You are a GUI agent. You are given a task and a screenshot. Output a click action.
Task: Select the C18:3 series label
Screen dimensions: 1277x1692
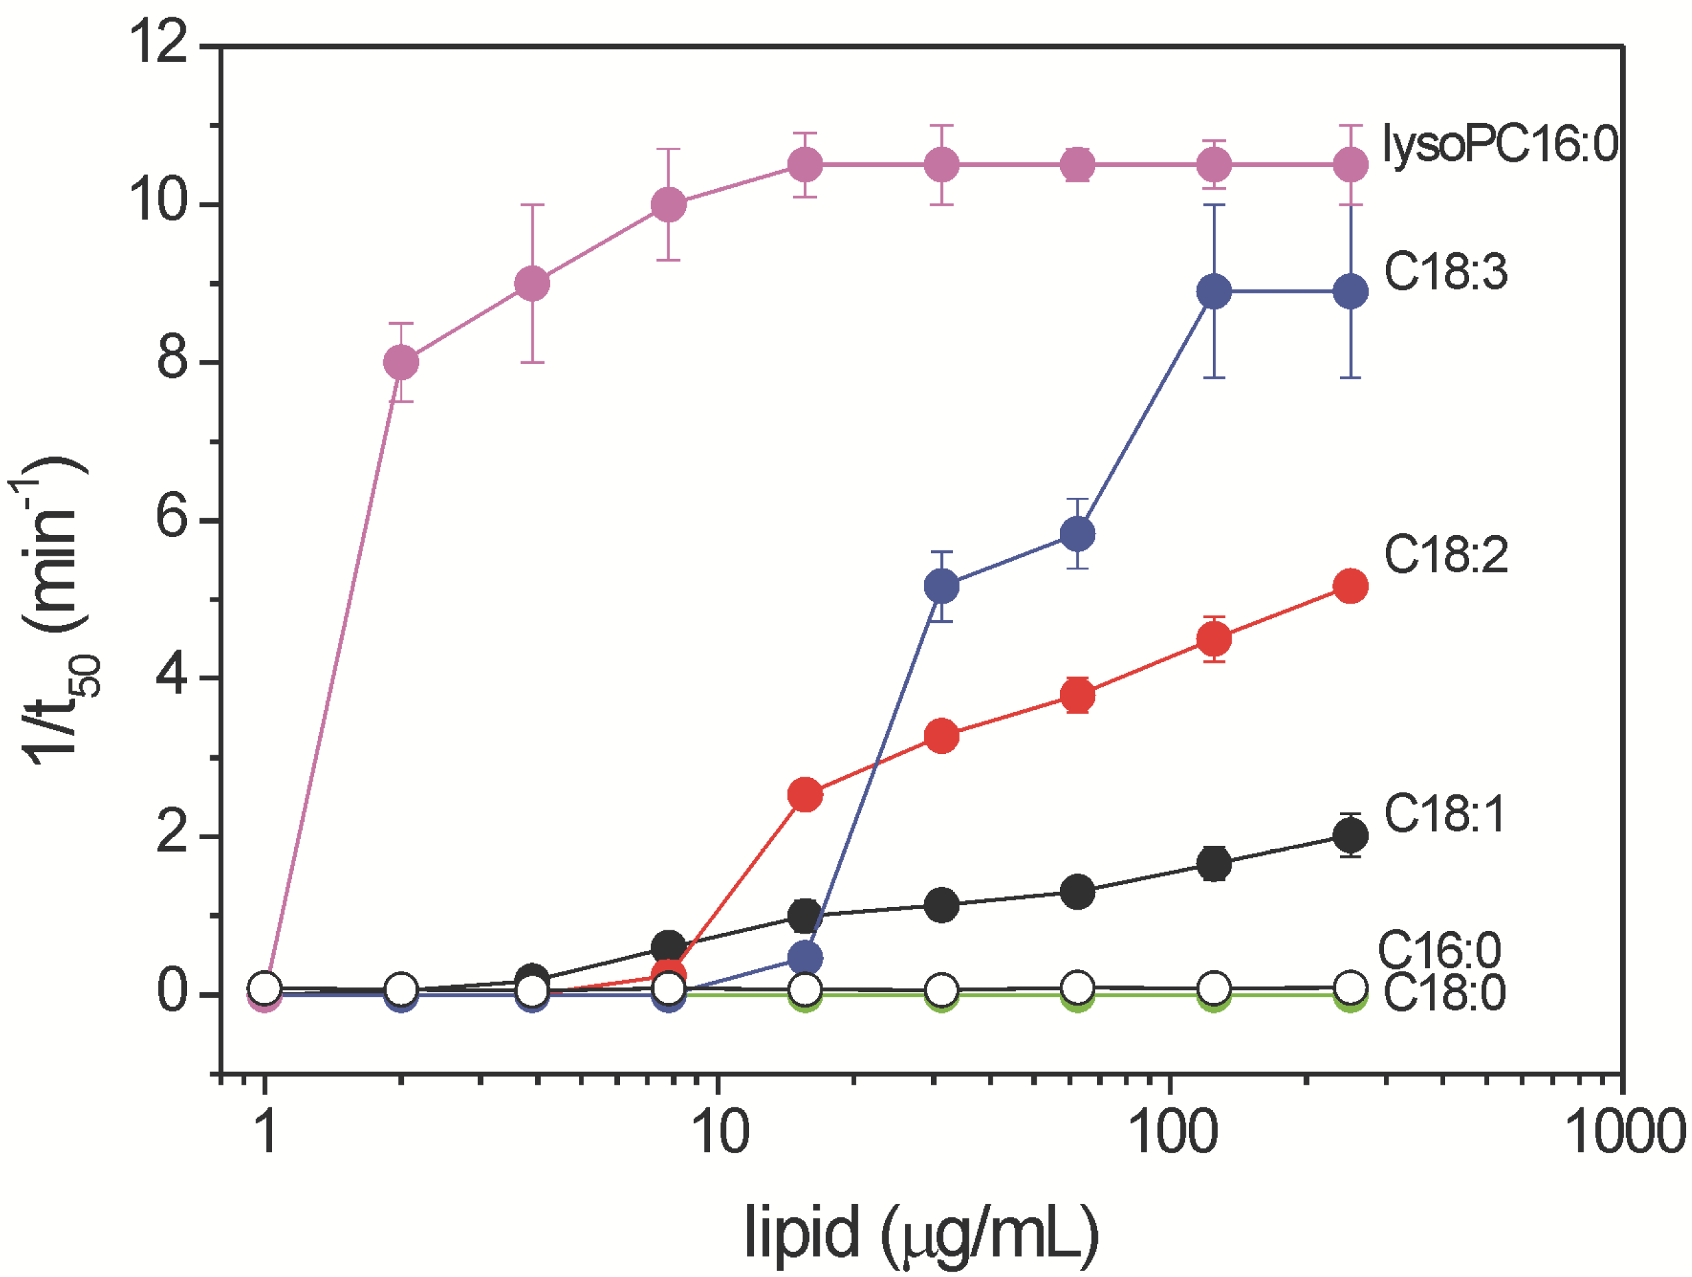coord(1446,272)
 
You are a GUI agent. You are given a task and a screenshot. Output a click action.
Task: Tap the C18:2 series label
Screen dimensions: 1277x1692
coord(1446,555)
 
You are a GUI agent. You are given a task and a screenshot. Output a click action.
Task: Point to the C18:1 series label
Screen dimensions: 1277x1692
coord(1444,813)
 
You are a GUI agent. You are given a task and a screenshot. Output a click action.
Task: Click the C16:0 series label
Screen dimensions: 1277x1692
coord(1440,950)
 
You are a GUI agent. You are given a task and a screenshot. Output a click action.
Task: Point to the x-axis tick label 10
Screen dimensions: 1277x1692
coord(720,1133)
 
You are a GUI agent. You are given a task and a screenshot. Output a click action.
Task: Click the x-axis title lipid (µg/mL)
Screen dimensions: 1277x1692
coord(922,1232)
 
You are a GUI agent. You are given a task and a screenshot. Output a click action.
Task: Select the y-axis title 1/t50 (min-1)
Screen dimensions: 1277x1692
coord(57,612)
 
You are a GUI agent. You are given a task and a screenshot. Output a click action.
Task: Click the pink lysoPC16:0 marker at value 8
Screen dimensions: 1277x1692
coord(401,362)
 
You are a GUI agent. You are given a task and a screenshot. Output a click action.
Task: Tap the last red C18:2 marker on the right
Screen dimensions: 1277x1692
coord(1351,586)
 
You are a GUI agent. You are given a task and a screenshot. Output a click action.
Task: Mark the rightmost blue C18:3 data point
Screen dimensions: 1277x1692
coord(1351,291)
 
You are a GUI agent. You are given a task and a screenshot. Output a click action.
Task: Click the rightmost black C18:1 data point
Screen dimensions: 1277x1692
coord(1351,834)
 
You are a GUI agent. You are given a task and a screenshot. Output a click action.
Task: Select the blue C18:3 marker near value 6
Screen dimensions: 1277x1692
coord(1078,533)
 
